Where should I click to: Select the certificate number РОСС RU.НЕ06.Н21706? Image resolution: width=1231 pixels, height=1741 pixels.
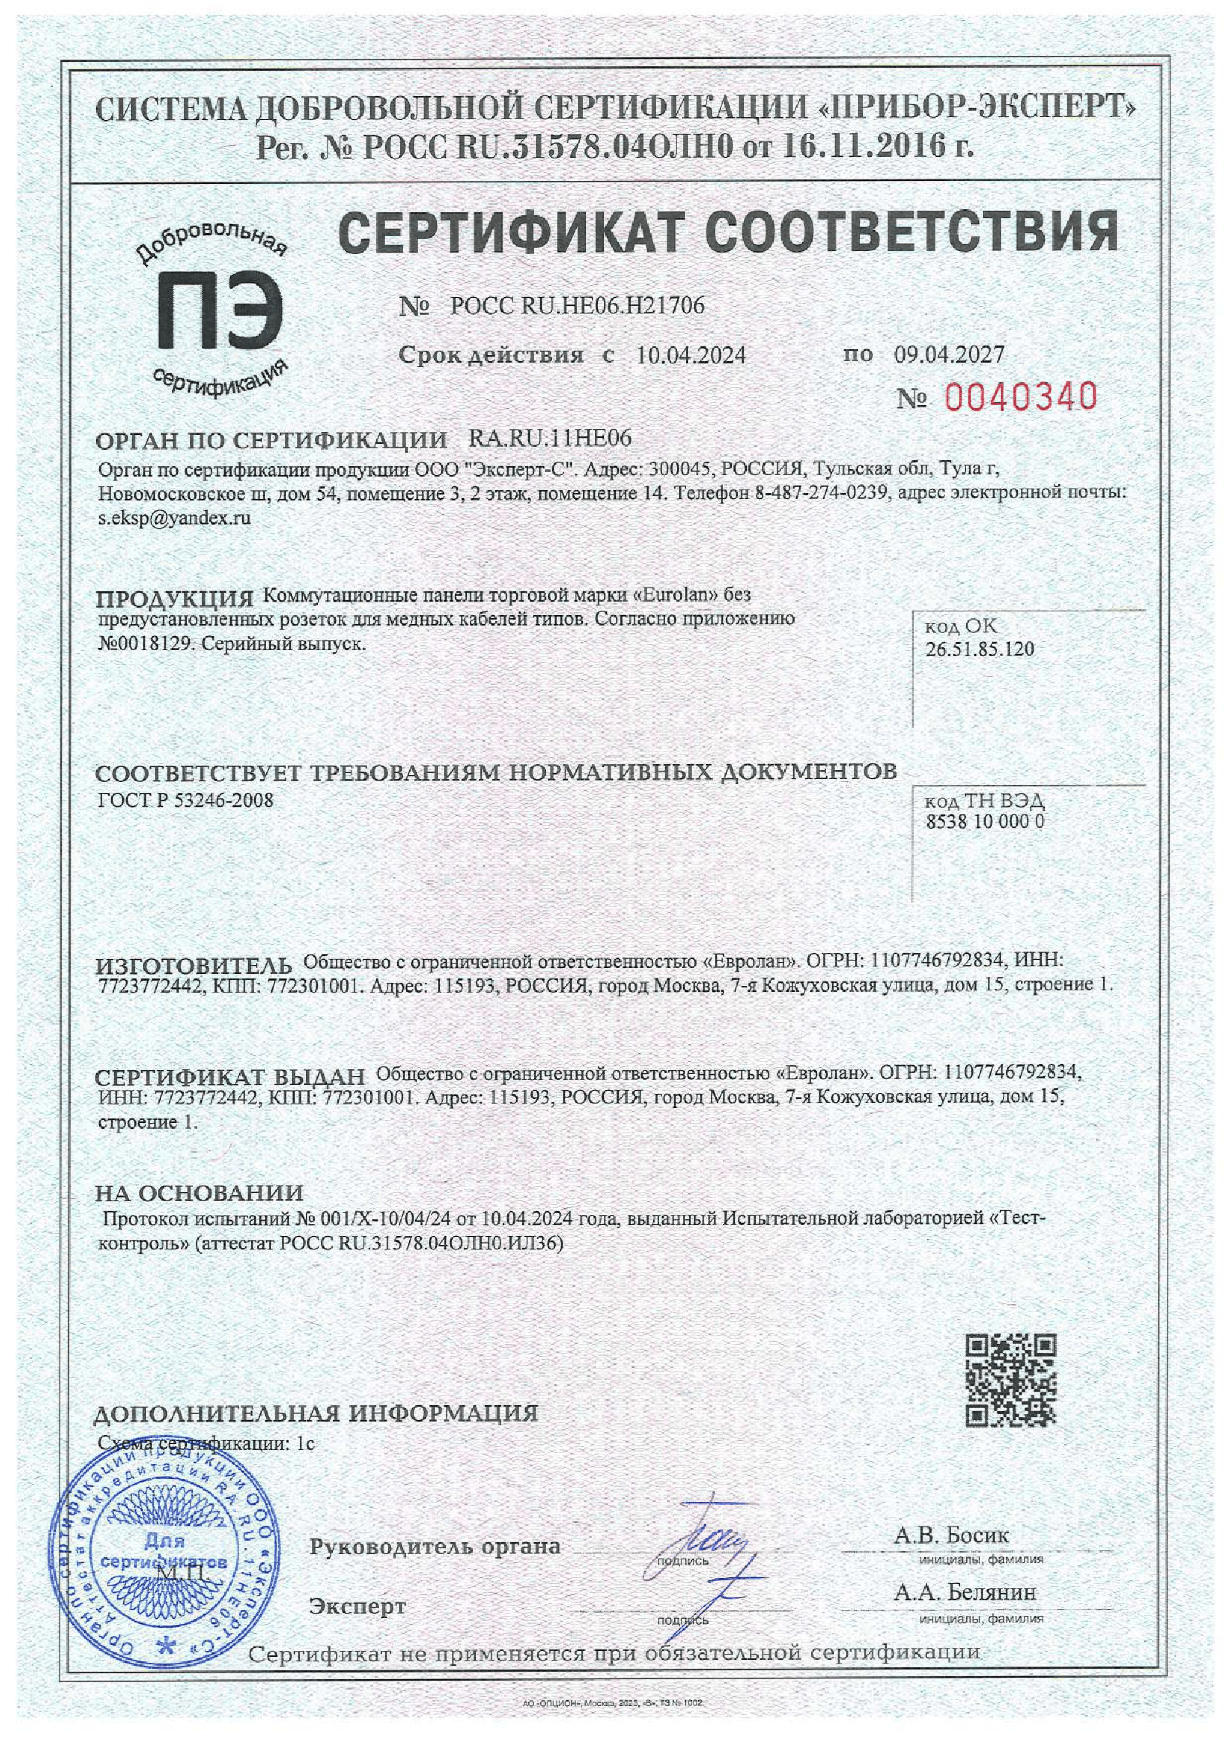click(x=576, y=305)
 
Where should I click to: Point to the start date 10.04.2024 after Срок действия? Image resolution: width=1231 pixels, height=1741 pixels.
click(x=691, y=355)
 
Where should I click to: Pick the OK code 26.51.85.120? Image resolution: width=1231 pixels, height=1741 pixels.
click(x=979, y=649)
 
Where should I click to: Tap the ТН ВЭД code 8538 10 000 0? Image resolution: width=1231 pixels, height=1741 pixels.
click(x=985, y=821)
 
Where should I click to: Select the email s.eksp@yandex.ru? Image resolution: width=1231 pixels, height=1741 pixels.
click(x=174, y=519)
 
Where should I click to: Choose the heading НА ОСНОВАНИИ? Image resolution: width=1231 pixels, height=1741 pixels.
click(x=199, y=1193)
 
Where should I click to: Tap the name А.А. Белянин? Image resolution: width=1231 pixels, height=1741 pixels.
click(x=964, y=1592)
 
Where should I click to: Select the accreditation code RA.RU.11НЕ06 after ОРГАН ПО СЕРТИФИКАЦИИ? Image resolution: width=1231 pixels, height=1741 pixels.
click(x=550, y=438)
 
